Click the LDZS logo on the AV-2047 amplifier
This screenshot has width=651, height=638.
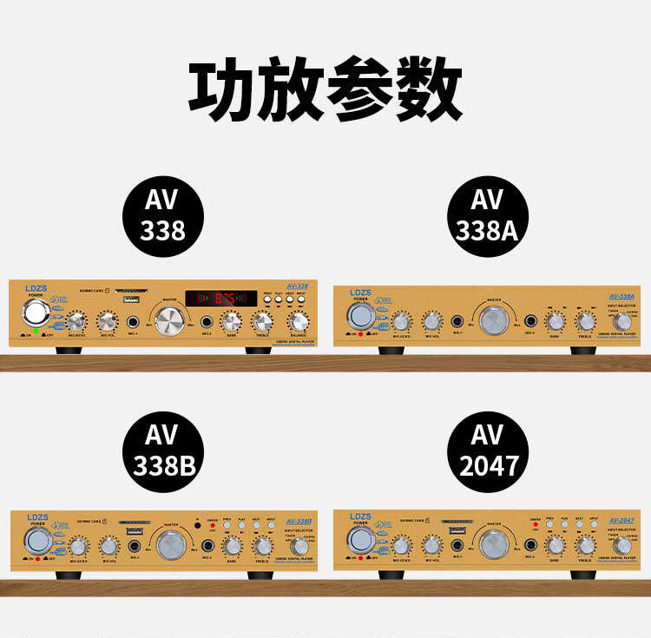[360, 517]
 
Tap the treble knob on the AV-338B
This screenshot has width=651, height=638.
[262, 547]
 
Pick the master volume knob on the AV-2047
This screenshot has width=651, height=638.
[493, 545]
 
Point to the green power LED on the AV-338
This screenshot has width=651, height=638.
[36, 332]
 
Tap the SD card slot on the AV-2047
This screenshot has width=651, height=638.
[454, 523]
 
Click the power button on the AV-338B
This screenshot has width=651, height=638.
[37, 542]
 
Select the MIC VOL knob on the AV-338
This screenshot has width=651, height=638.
[108, 323]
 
